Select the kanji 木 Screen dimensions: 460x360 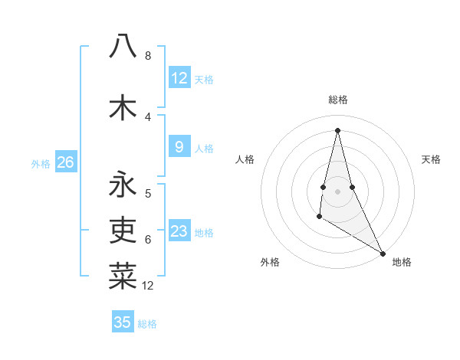point(123,107)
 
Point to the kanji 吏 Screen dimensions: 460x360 point(123,229)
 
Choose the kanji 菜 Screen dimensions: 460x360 point(123,276)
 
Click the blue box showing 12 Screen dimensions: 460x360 point(179,78)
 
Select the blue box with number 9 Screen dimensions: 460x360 point(179,147)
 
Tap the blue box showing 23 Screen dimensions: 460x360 point(179,232)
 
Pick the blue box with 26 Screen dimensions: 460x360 point(66,162)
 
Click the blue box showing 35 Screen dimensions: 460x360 point(123,322)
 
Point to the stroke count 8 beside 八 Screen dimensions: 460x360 point(147,56)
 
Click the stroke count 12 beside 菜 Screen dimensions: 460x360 point(148,286)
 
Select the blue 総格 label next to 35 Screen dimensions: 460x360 point(147,324)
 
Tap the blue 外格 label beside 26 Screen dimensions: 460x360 point(40,163)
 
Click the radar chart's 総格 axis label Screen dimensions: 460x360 point(337,100)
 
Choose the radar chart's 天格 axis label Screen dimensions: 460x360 point(432,159)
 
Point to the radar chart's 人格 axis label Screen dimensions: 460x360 point(245,159)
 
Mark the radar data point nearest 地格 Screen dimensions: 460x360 point(383,253)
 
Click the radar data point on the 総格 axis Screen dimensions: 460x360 point(337,129)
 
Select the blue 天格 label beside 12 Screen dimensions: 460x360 point(204,80)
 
